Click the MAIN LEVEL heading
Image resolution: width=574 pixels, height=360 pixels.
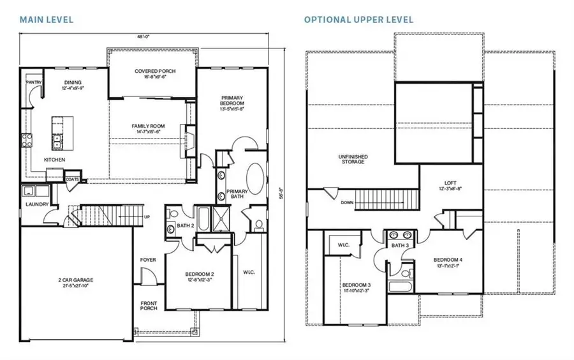[x=47, y=19]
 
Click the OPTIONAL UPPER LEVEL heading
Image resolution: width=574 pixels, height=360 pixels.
[x=358, y=19]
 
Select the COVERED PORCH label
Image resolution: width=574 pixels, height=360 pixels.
[x=155, y=71]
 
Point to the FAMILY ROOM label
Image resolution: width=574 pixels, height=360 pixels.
[x=148, y=126]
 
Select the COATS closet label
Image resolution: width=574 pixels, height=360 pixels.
[x=73, y=179]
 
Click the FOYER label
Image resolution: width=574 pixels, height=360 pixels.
[x=148, y=260]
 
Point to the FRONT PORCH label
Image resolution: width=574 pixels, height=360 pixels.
[x=148, y=307]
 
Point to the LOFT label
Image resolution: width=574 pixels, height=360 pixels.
[x=451, y=183]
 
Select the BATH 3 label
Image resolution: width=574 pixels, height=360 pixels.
[x=400, y=246]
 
